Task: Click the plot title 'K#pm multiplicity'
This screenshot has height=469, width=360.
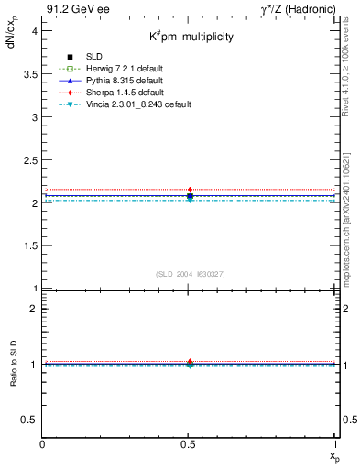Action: coord(191,37)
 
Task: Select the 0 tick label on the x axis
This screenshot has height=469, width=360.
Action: coord(43,444)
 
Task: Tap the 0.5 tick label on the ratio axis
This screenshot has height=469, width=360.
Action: coord(31,420)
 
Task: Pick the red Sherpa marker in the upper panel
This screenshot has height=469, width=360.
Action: coord(190,190)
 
